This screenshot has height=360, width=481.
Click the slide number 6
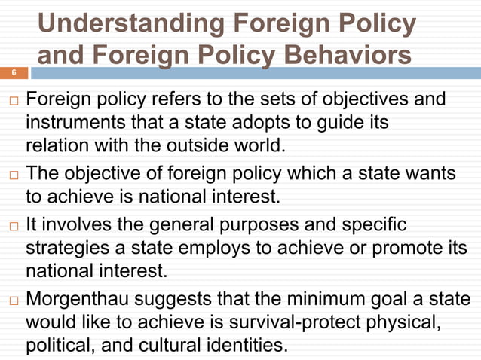[12, 73]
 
